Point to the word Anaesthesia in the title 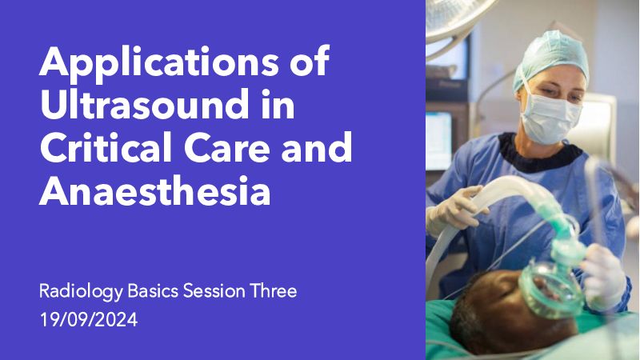point(154,190)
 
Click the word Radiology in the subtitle point(81,292)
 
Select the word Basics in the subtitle point(153,291)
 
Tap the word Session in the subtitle point(214,291)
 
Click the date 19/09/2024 point(89,319)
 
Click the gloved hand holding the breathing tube point(456,210)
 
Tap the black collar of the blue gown point(538,153)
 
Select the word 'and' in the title point(317,147)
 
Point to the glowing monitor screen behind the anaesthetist point(438,141)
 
